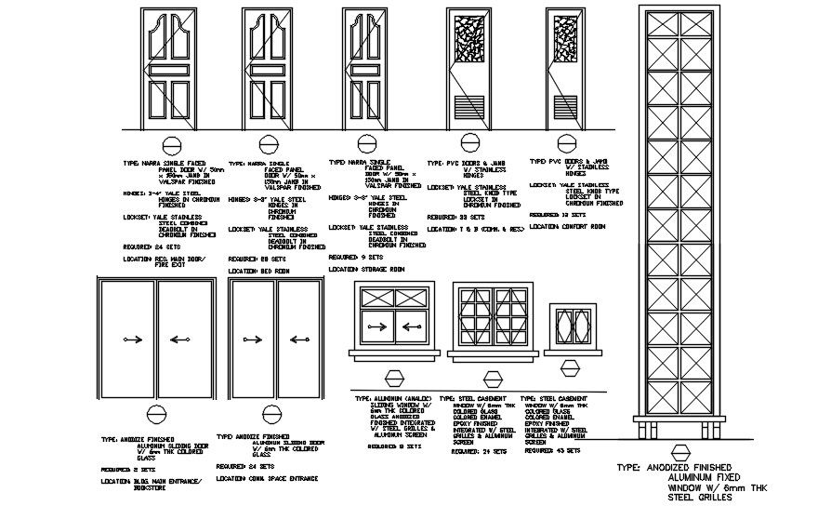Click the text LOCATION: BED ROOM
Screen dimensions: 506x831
pyautogui.click(x=261, y=271)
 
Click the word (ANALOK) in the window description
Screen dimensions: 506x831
pyautogui.click(x=413, y=398)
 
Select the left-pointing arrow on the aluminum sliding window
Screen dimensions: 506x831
pyautogui.click(x=415, y=327)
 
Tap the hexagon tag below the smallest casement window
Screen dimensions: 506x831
pyautogui.click(x=570, y=375)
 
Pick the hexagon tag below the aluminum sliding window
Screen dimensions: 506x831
pyautogui.click(x=396, y=378)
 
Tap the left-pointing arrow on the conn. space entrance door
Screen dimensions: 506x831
pyautogui.click(x=248, y=339)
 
